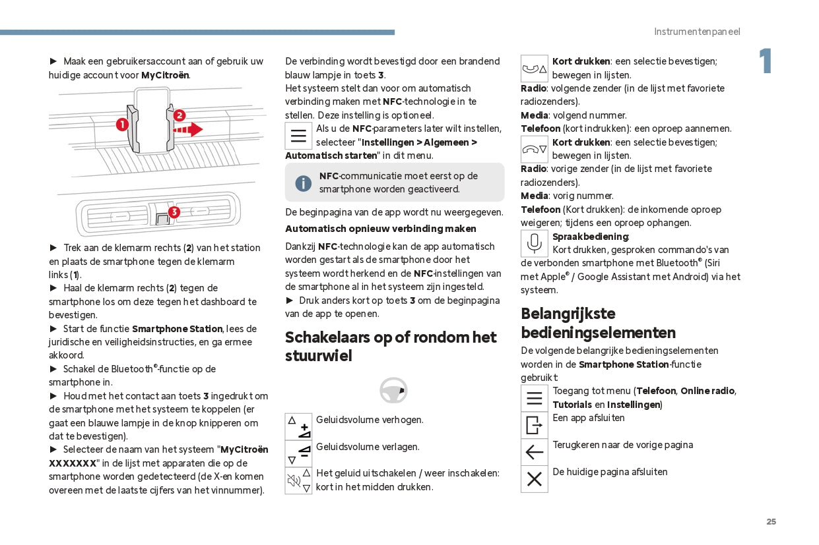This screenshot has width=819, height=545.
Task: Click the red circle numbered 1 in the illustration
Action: [122, 124]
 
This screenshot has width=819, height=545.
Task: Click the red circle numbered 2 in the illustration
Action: [180, 115]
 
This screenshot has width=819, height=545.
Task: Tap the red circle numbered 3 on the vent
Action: [174, 212]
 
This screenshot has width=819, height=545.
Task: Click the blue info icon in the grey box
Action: [303, 183]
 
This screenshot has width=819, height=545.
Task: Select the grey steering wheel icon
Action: [393, 390]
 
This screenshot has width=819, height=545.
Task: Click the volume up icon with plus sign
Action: [298, 427]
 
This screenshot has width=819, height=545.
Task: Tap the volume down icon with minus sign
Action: [298, 454]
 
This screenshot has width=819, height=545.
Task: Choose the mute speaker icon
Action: [298, 481]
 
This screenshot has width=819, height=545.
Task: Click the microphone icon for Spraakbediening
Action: [534, 243]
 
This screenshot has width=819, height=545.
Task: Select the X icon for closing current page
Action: [534, 479]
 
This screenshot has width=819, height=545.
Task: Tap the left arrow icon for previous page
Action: [534, 452]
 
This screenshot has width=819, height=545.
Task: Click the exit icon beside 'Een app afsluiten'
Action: [534, 425]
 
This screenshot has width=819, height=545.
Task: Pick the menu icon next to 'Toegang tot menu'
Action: [534, 398]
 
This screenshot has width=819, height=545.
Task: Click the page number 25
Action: [771, 522]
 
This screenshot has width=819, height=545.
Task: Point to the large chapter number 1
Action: [765, 62]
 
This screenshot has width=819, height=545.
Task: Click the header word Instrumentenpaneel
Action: [697, 32]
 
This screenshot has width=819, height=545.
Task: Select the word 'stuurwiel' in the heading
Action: [319, 356]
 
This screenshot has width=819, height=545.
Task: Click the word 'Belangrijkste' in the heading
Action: [568, 314]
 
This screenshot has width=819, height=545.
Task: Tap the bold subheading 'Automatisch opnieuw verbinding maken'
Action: [380, 229]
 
